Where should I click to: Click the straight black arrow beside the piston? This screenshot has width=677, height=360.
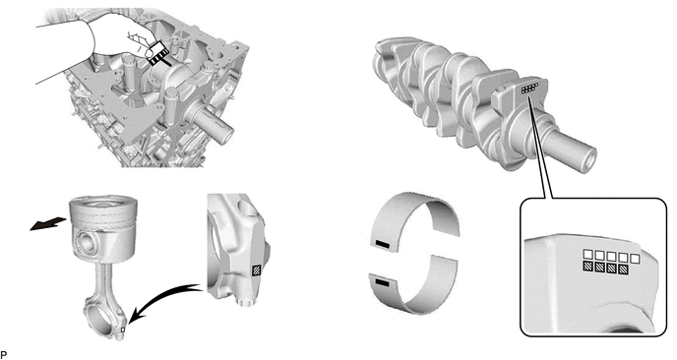click(x=47, y=224)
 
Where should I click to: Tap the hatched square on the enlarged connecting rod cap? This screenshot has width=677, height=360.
click(x=257, y=270)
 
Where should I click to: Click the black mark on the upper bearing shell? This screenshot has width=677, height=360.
click(x=383, y=246)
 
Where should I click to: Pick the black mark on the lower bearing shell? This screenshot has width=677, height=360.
click(x=383, y=282)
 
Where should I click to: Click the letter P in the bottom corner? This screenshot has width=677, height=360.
click(x=4, y=355)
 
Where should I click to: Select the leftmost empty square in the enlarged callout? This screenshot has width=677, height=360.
click(x=587, y=255)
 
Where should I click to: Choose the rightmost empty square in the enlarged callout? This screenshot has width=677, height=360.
click(x=635, y=258)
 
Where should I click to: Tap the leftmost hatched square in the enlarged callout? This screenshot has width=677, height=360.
click(x=587, y=267)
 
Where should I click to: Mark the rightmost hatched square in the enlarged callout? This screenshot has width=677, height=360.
click(x=623, y=270)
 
